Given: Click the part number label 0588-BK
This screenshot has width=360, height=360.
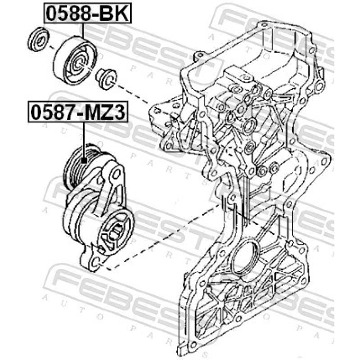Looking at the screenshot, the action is tap(87, 13).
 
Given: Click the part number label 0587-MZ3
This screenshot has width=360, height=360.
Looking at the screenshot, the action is tap(78, 112).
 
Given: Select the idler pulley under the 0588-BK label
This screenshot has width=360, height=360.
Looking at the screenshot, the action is tap(75, 60).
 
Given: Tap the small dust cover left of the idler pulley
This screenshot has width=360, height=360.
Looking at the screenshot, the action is tap(38, 39).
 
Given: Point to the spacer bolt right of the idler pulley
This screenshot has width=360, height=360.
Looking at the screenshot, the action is tap(106, 79).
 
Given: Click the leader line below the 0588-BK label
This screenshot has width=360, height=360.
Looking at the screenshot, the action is tap(83, 30).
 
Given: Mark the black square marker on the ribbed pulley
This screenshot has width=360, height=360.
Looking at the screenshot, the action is tap(84, 160).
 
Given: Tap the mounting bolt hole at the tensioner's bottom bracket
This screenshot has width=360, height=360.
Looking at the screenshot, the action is tap(96, 262).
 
